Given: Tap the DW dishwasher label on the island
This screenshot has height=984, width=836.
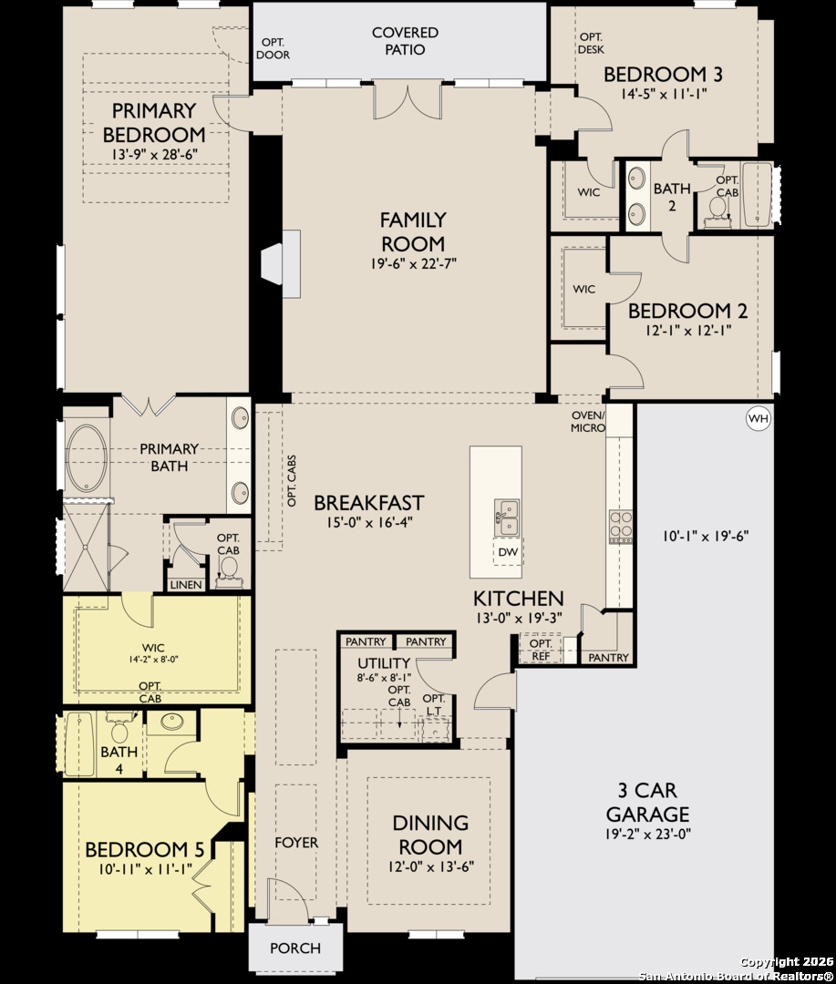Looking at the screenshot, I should point(508,551).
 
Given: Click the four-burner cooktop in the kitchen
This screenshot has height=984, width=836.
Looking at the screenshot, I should point(621,527).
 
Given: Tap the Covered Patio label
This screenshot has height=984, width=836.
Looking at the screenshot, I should point(405,41).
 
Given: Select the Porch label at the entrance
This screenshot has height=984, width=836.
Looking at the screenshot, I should point(295,948).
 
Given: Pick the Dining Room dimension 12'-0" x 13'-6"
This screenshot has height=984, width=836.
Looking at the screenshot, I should point(429,866).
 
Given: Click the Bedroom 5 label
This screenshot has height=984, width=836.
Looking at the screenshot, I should point(144,849).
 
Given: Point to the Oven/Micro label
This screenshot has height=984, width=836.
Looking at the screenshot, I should point(589,421).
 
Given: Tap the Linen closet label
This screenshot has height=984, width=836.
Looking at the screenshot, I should point(186,584).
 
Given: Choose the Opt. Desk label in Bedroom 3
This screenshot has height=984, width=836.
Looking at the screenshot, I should point(591,43).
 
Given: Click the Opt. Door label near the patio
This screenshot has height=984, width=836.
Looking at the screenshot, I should point(274,48).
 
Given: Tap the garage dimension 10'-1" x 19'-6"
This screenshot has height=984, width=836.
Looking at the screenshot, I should point(707,535).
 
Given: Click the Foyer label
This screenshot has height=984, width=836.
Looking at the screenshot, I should point(296,842).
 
